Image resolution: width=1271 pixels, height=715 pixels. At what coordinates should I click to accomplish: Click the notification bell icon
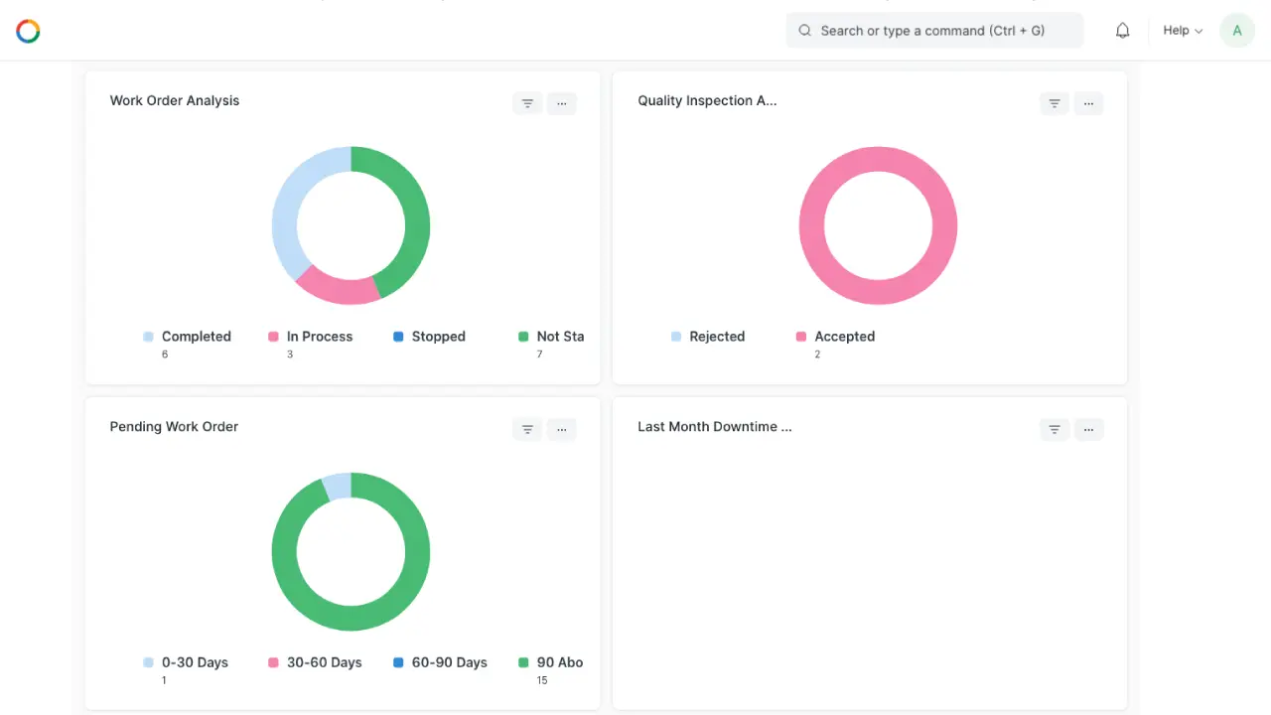1122,31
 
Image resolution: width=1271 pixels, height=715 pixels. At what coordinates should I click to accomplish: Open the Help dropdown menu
1182,31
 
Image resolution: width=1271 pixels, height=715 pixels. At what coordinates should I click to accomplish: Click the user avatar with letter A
1237,31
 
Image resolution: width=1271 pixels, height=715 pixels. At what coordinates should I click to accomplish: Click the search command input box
933,31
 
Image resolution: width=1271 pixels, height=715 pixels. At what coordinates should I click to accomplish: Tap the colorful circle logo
28,31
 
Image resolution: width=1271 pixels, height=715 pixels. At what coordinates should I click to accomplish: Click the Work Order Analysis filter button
527,103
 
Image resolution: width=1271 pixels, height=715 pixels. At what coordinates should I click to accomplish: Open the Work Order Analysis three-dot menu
562,103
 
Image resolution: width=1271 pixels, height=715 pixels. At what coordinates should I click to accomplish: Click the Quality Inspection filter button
1055,103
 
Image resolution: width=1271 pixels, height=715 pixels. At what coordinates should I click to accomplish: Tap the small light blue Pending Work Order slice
337,487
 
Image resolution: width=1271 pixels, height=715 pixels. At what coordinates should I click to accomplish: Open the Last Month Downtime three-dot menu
1089,429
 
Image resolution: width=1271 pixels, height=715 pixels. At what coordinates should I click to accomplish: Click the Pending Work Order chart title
174,427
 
